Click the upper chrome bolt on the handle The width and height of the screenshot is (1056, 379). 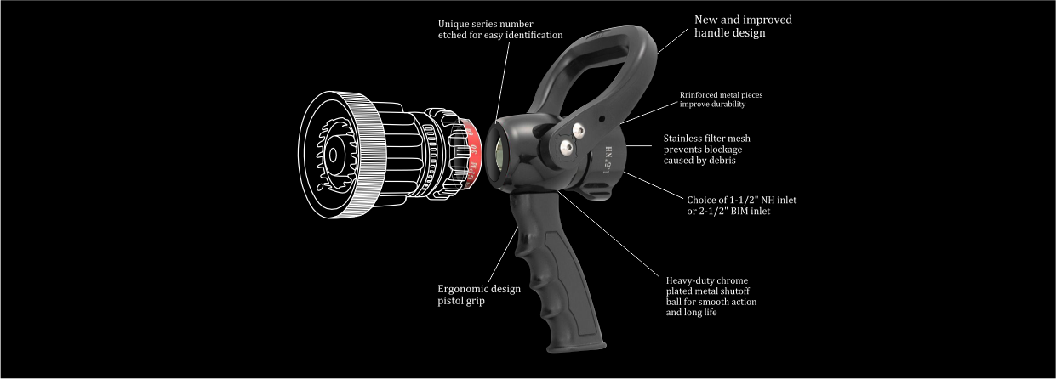click(x=578, y=130)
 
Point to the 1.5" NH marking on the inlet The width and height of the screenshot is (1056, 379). click(x=608, y=160)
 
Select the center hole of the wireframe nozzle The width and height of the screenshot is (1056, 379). click(x=333, y=156)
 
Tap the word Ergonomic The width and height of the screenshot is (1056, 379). click(x=460, y=289)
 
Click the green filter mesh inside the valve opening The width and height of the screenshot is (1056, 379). click(x=499, y=153)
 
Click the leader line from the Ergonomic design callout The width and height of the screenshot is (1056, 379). click(x=503, y=255)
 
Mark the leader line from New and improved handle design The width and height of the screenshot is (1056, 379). click(x=672, y=41)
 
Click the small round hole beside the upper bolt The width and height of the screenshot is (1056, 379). click(x=602, y=119)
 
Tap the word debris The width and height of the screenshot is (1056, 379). click(x=721, y=161)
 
